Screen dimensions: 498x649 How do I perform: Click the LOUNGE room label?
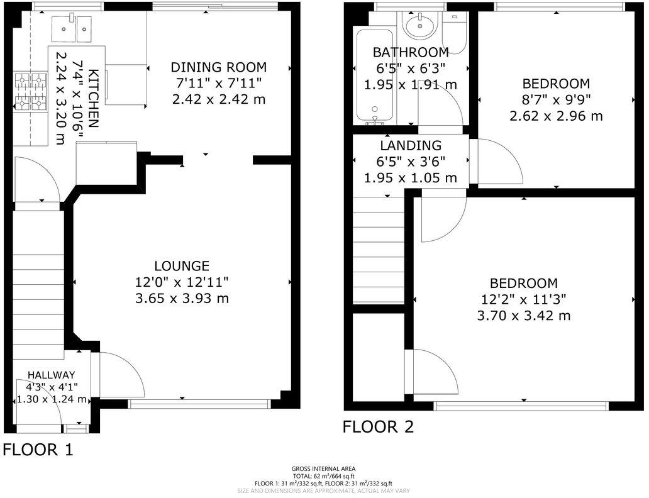point(182,266)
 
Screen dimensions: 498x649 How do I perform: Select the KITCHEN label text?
point(92,99)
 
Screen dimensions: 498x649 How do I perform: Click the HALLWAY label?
point(52,374)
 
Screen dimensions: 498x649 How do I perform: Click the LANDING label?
point(410,146)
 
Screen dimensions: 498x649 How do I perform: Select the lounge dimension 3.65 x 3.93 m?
point(182,298)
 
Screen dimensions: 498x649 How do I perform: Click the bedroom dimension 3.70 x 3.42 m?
point(523,315)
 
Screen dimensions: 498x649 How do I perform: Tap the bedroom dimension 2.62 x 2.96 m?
point(556,116)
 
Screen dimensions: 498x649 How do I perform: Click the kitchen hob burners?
point(31,92)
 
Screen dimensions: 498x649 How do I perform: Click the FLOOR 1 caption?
point(38,450)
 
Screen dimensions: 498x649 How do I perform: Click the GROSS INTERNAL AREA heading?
point(323,468)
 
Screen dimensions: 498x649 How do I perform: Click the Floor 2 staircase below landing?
point(377,248)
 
